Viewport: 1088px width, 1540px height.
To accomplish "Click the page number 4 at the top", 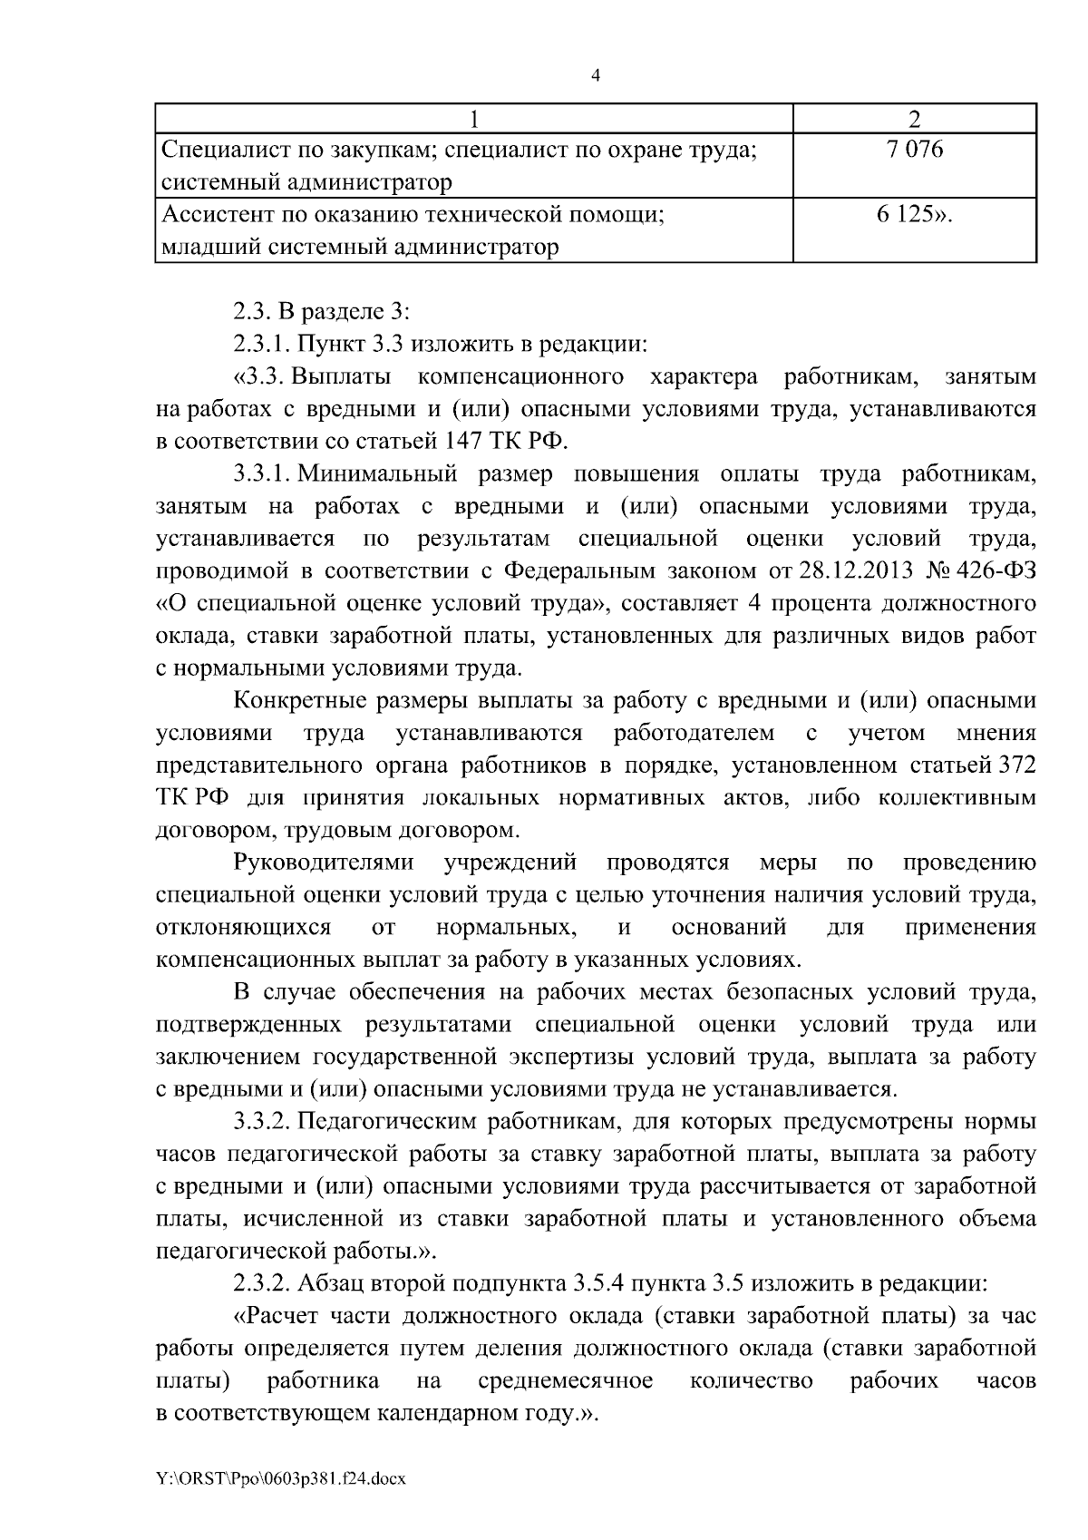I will point(595,75).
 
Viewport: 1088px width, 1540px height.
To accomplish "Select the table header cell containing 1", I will point(473,120).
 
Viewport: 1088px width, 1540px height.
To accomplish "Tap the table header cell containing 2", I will point(914,120).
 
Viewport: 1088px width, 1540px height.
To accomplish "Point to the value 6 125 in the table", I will point(914,215).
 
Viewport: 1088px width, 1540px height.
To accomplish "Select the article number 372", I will point(1016,765).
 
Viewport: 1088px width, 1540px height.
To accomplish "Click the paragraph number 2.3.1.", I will point(261,345).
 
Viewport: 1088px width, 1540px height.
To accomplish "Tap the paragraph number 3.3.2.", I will point(261,1122).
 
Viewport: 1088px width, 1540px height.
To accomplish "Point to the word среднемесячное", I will point(565,1380).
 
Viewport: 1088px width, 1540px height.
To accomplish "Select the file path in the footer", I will point(281,1479).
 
